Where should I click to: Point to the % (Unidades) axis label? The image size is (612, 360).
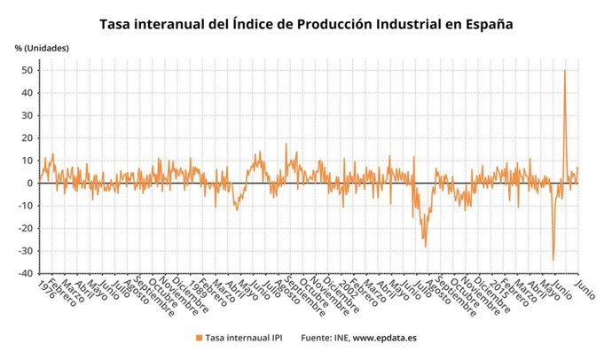pyautogui.click(x=41, y=47)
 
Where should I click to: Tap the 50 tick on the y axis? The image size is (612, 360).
pyautogui.click(x=28, y=70)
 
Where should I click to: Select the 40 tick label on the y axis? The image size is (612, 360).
pyautogui.click(x=28, y=93)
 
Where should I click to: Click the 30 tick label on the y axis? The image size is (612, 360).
pyautogui.click(x=28, y=115)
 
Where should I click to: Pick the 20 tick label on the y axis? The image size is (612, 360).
pyautogui.click(x=28, y=138)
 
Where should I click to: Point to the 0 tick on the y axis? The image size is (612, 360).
pyautogui.click(x=31, y=184)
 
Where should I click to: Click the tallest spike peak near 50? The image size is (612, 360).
pyautogui.click(x=565, y=71)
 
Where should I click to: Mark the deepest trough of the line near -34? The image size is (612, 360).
pyautogui.click(x=553, y=260)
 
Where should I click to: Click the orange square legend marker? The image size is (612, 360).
pyautogui.click(x=198, y=338)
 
